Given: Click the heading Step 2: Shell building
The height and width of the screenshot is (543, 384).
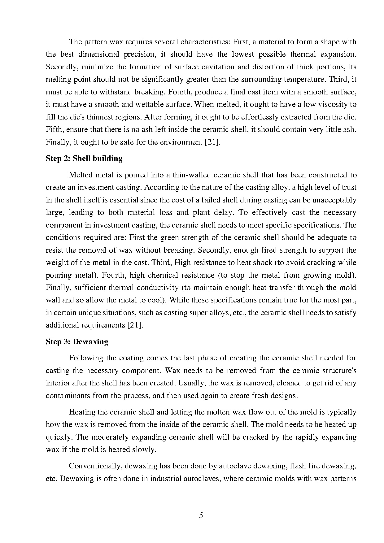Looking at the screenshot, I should pos(84,159).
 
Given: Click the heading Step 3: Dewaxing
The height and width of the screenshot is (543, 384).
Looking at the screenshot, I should pos(77,342).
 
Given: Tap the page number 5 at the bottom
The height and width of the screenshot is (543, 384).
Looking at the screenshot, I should pos(201,515).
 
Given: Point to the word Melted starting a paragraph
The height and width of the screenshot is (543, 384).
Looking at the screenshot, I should pos(80,175).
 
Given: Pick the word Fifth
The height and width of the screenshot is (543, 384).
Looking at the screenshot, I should pos(54,129).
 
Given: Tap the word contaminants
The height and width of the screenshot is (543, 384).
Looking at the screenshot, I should pos(68,396).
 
